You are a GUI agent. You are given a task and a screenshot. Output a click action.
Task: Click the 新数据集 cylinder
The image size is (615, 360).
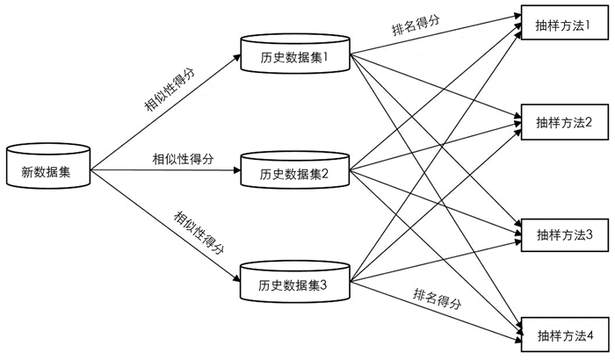click(49, 169)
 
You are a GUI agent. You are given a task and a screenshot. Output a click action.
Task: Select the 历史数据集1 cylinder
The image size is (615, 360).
click(293, 57)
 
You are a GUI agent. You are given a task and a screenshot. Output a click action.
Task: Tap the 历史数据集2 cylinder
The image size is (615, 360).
click(293, 172)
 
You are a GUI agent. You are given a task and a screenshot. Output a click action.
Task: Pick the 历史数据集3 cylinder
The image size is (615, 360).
click(293, 284)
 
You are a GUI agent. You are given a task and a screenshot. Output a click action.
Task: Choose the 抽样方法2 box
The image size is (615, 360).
click(563, 122)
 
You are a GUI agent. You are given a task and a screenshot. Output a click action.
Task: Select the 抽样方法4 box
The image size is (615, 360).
click(563, 335)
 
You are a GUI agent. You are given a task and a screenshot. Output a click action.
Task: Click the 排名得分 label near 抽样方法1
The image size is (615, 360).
click(416, 24)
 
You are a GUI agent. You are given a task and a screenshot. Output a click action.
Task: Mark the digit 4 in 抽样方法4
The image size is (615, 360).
click(590, 335)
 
